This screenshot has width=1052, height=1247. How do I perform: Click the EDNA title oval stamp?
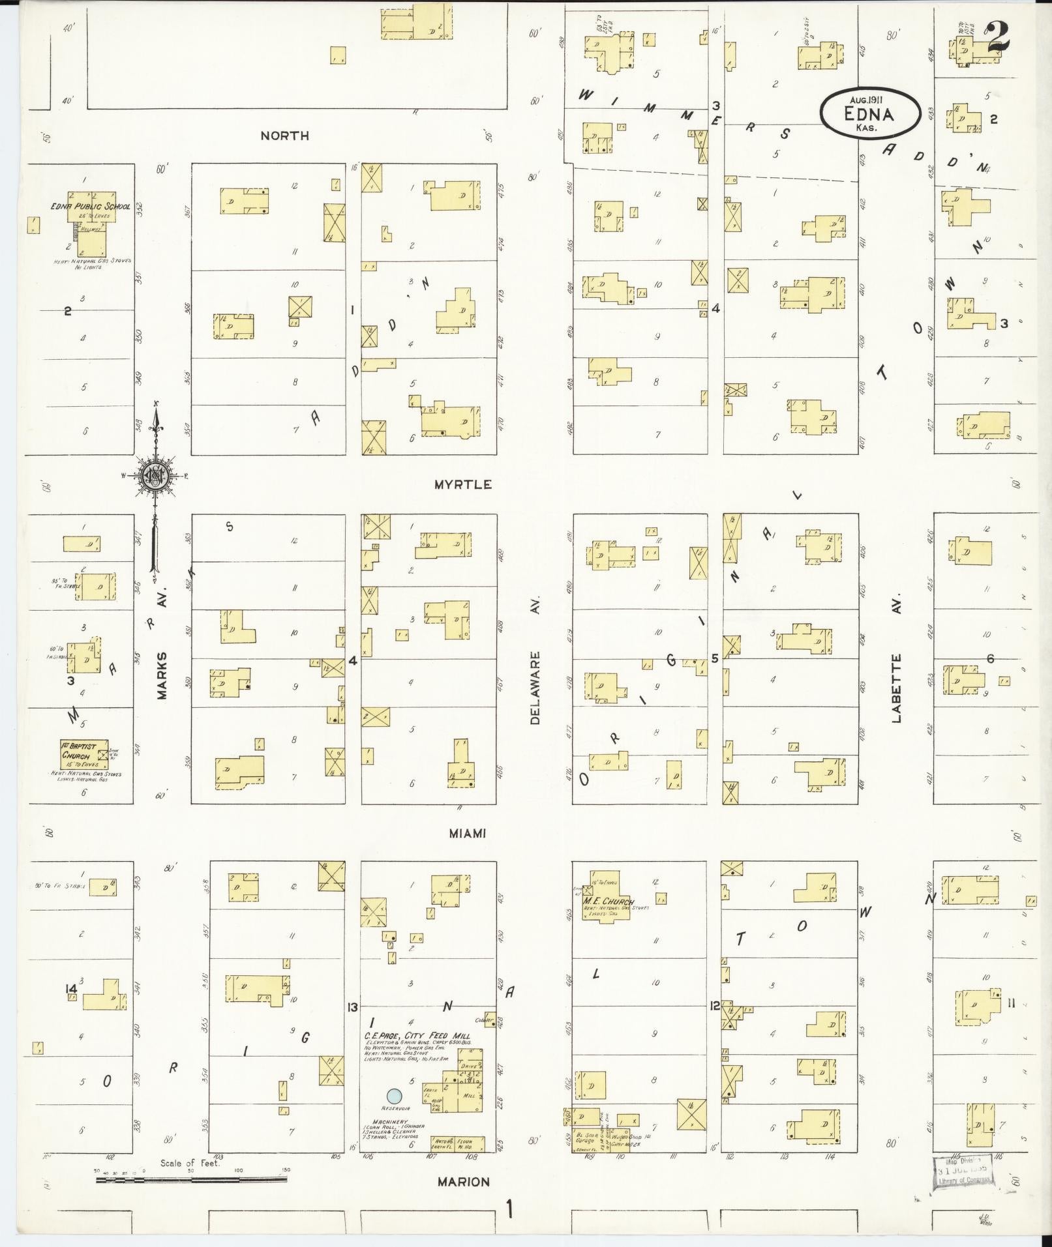tap(869, 113)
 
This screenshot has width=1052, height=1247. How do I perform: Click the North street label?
tap(284, 136)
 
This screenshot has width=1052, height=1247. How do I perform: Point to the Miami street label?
tap(467, 833)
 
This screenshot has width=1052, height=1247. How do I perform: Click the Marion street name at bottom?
tap(464, 1182)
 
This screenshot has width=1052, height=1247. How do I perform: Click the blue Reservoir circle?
tap(393, 1096)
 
